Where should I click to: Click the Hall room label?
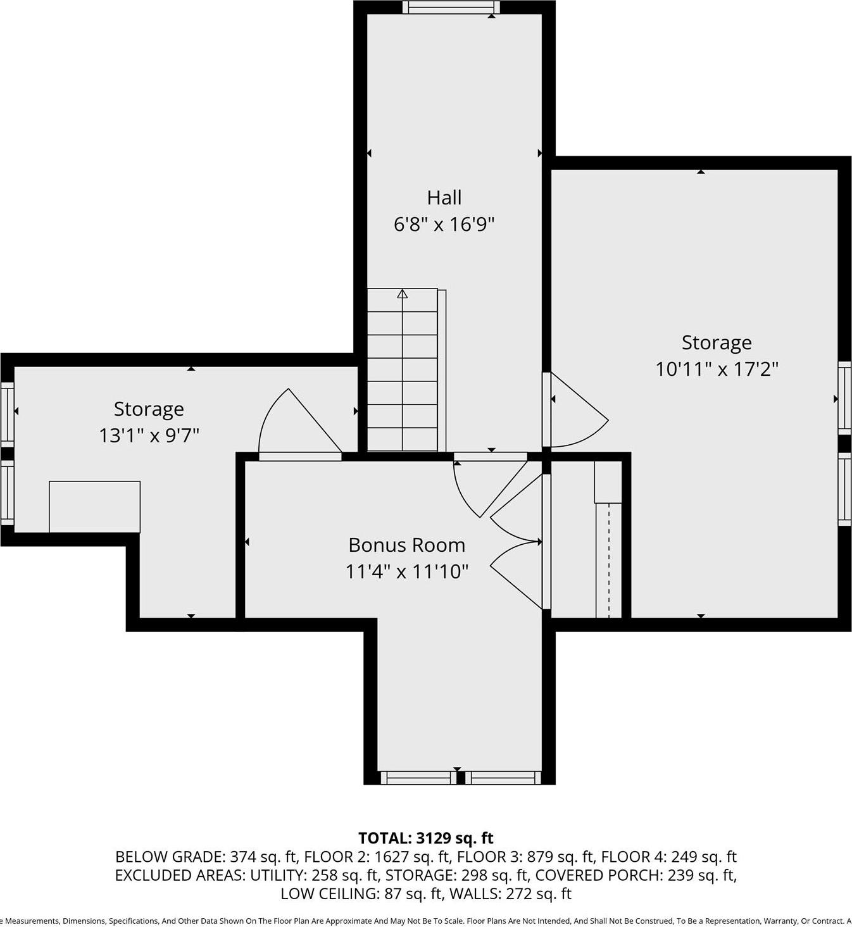pyautogui.click(x=444, y=197)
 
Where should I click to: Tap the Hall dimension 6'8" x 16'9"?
pyautogui.click(x=444, y=224)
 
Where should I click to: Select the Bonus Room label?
pyautogui.click(x=406, y=545)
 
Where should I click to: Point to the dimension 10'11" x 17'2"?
pyautogui.click(x=717, y=369)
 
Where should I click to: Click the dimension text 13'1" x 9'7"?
pyautogui.click(x=149, y=435)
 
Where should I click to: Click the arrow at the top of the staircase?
pyautogui.click(x=402, y=294)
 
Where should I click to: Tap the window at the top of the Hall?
pyautogui.click(x=451, y=8)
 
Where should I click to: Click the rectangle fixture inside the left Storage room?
pyautogui.click(x=95, y=506)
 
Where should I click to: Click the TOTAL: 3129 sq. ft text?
pyautogui.click(x=425, y=838)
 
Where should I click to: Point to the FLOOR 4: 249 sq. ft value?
pyautogui.click(x=668, y=857)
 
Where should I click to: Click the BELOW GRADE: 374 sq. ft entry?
pyautogui.click(x=206, y=857)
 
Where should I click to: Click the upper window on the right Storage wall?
pyautogui.click(x=844, y=397)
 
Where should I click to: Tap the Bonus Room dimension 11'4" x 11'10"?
pyautogui.click(x=406, y=571)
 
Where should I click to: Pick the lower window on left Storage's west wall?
pyautogui.click(x=7, y=493)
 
